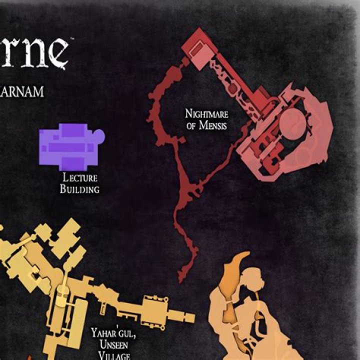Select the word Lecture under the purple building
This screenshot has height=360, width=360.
click(79, 177)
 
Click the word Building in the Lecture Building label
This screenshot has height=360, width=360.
click(79, 189)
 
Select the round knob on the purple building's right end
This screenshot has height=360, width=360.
click(99, 134)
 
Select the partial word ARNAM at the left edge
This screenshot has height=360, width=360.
click(22, 92)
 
